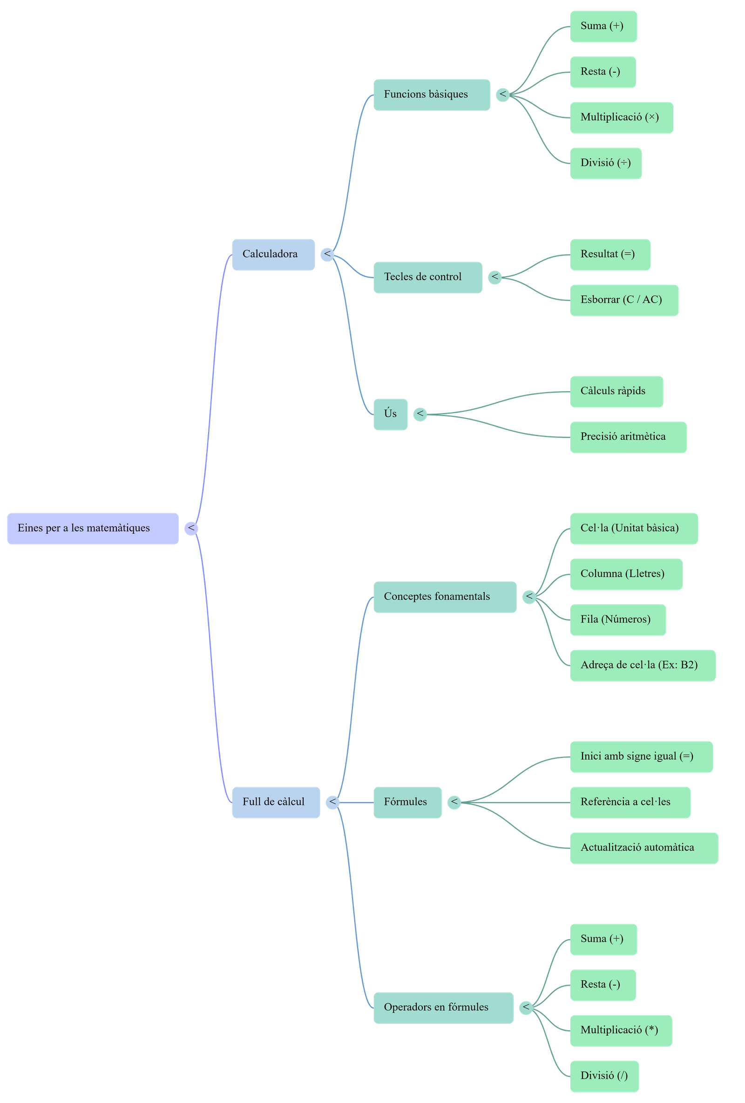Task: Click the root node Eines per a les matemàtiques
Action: coord(93,528)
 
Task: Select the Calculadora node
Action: coord(273,254)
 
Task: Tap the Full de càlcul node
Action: coord(276,802)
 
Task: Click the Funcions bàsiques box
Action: coord(431,95)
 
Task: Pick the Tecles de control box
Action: coord(427,277)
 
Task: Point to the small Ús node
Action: coord(390,415)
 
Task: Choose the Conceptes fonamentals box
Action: coord(445,597)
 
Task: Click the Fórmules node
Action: coord(407,802)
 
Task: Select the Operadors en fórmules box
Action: coord(443,1007)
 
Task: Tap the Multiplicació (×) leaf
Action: coord(621,118)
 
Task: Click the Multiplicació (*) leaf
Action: coord(621,1030)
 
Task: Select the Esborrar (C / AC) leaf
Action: coord(623,300)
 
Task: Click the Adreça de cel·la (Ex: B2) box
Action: coord(643,665)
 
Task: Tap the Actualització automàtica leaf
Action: coord(643,848)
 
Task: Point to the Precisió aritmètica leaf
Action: coord(628,437)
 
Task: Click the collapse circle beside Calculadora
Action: coord(327,254)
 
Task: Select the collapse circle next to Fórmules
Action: coord(454,802)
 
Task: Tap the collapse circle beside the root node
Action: coord(191,528)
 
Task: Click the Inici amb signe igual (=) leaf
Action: coord(641,756)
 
